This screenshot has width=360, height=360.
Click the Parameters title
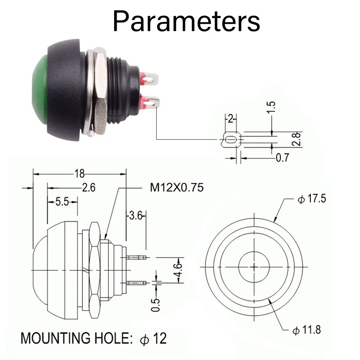coord(186,22)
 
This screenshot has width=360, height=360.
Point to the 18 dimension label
coord(80,174)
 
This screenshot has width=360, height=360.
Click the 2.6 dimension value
coord(89,188)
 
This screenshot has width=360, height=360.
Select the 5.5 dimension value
coord(62,202)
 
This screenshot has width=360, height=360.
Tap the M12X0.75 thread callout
coord(177,188)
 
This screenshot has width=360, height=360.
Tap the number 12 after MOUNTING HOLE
coord(160,338)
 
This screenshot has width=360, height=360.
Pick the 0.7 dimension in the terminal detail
coord(282,158)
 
